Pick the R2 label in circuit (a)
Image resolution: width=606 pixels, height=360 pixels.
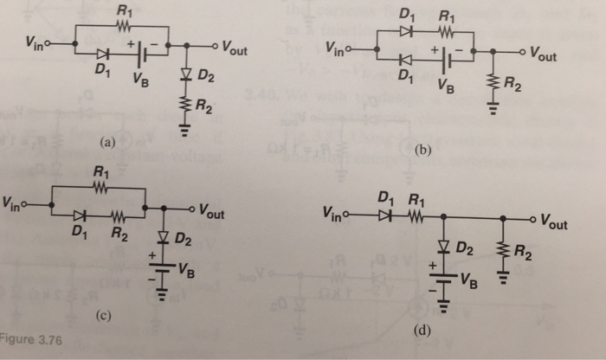(204, 108)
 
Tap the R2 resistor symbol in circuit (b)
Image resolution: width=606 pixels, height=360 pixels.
(492, 85)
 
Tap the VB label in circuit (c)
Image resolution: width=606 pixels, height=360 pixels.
(185, 268)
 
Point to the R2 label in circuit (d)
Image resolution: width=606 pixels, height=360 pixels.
(522, 254)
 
